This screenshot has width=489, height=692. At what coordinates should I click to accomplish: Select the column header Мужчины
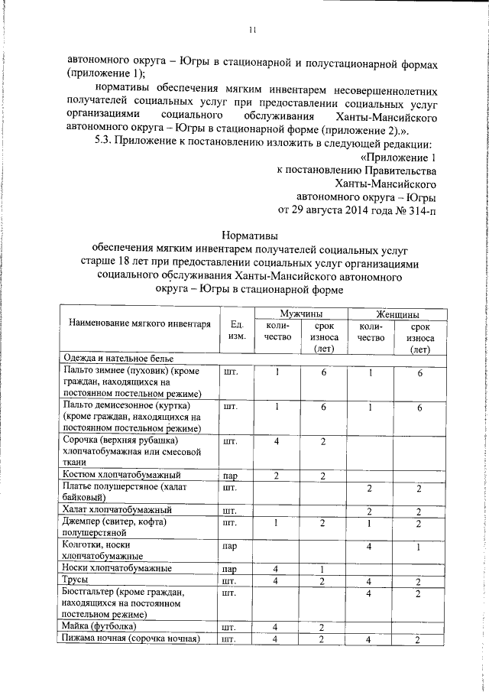(x=300, y=314)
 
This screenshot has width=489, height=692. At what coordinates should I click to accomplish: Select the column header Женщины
(x=396, y=314)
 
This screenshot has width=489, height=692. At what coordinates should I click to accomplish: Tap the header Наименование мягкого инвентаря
(x=139, y=324)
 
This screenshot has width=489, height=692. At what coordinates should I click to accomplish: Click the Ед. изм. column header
(x=237, y=330)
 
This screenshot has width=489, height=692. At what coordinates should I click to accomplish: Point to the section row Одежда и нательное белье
(x=119, y=358)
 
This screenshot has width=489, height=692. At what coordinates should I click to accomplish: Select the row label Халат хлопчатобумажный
(x=117, y=509)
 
